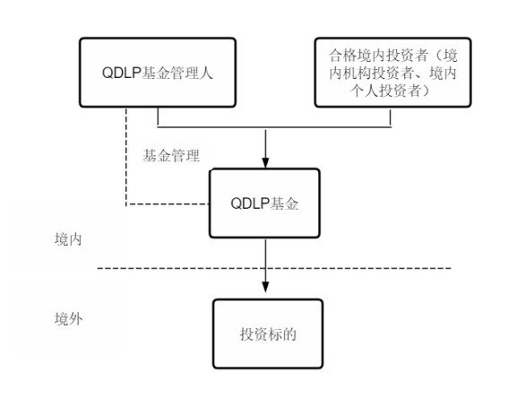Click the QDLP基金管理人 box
(x=158, y=71)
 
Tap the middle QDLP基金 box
(x=264, y=203)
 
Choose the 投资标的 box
(x=266, y=333)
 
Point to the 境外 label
(x=68, y=318)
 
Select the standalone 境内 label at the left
(x=68, y=241)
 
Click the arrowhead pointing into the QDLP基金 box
(x=265, y=162)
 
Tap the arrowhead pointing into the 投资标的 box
(x=265, y=285)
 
